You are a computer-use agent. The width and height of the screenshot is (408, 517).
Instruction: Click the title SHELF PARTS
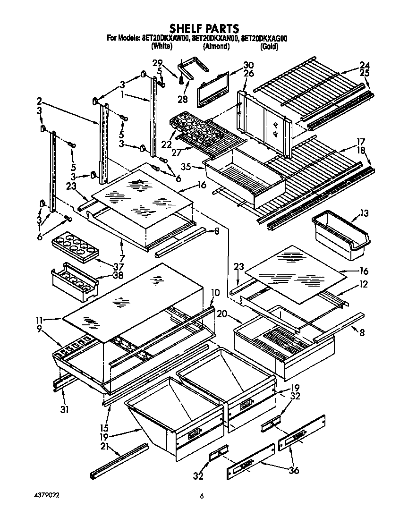tap(204, 29)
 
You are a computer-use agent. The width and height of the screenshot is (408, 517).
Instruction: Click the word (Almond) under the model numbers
tap(216, 46)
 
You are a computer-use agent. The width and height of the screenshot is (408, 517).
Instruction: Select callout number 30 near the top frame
tap(248, 65)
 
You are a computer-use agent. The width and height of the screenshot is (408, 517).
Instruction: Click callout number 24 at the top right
tap(364, 65)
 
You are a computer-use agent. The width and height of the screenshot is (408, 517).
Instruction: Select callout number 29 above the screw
tap(157, 62)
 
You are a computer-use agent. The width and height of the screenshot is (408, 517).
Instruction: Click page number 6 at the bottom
tap(202, 495)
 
